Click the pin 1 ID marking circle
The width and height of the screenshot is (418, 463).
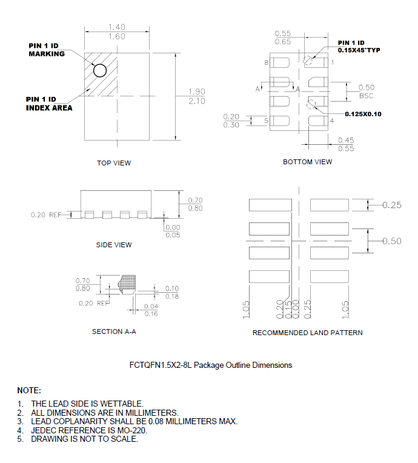[x=100, y=70]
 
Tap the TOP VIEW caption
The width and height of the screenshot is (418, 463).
[x=114, y=163]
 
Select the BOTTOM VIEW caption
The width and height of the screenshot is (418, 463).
[x=308, y=162]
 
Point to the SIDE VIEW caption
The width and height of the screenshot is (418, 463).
[x=114, y=245]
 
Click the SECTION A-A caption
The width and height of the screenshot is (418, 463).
[x=114, y=331]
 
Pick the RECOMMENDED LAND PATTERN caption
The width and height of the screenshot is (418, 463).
[x=308, y=333]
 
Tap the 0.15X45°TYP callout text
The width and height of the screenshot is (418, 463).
[x=359, y=50]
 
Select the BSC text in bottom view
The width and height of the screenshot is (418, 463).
[x=367, y=96]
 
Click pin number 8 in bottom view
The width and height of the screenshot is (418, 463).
[x=267, y=62]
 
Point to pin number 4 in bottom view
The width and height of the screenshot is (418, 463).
[x=331, y=121]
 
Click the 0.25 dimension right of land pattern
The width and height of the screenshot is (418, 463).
[x=392, y=205]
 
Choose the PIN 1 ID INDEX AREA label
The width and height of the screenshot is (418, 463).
[x=49, y=104]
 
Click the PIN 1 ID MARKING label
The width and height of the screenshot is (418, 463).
[x=47, y=50]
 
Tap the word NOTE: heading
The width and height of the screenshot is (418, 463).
[x=29, y=390]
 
